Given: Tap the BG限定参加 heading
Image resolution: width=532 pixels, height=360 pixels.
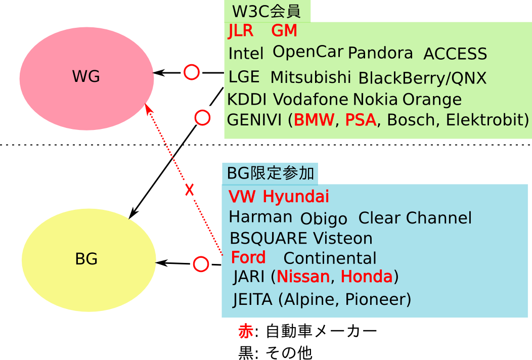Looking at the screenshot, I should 271,173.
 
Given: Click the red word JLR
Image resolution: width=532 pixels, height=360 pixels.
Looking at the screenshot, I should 241,31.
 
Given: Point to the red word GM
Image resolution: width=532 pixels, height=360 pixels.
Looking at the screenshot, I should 284,31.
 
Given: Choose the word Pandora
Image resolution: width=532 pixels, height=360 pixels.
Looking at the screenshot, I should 380,53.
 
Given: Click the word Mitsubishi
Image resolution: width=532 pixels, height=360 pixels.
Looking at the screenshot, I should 311,77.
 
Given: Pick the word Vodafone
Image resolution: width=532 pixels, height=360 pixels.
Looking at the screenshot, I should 311,99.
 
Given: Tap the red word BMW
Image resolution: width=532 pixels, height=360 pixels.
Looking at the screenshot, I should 314,120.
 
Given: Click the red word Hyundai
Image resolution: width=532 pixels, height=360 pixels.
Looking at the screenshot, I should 296,196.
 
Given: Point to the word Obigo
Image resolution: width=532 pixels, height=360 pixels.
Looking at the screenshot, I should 324,219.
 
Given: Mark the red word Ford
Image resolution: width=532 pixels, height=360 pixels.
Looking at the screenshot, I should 248,257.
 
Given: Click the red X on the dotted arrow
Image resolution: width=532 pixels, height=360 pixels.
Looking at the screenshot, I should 189,190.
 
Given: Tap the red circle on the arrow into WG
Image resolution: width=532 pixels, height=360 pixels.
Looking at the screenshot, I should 191,72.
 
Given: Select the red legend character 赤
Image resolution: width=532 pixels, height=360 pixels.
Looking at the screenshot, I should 246,332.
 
